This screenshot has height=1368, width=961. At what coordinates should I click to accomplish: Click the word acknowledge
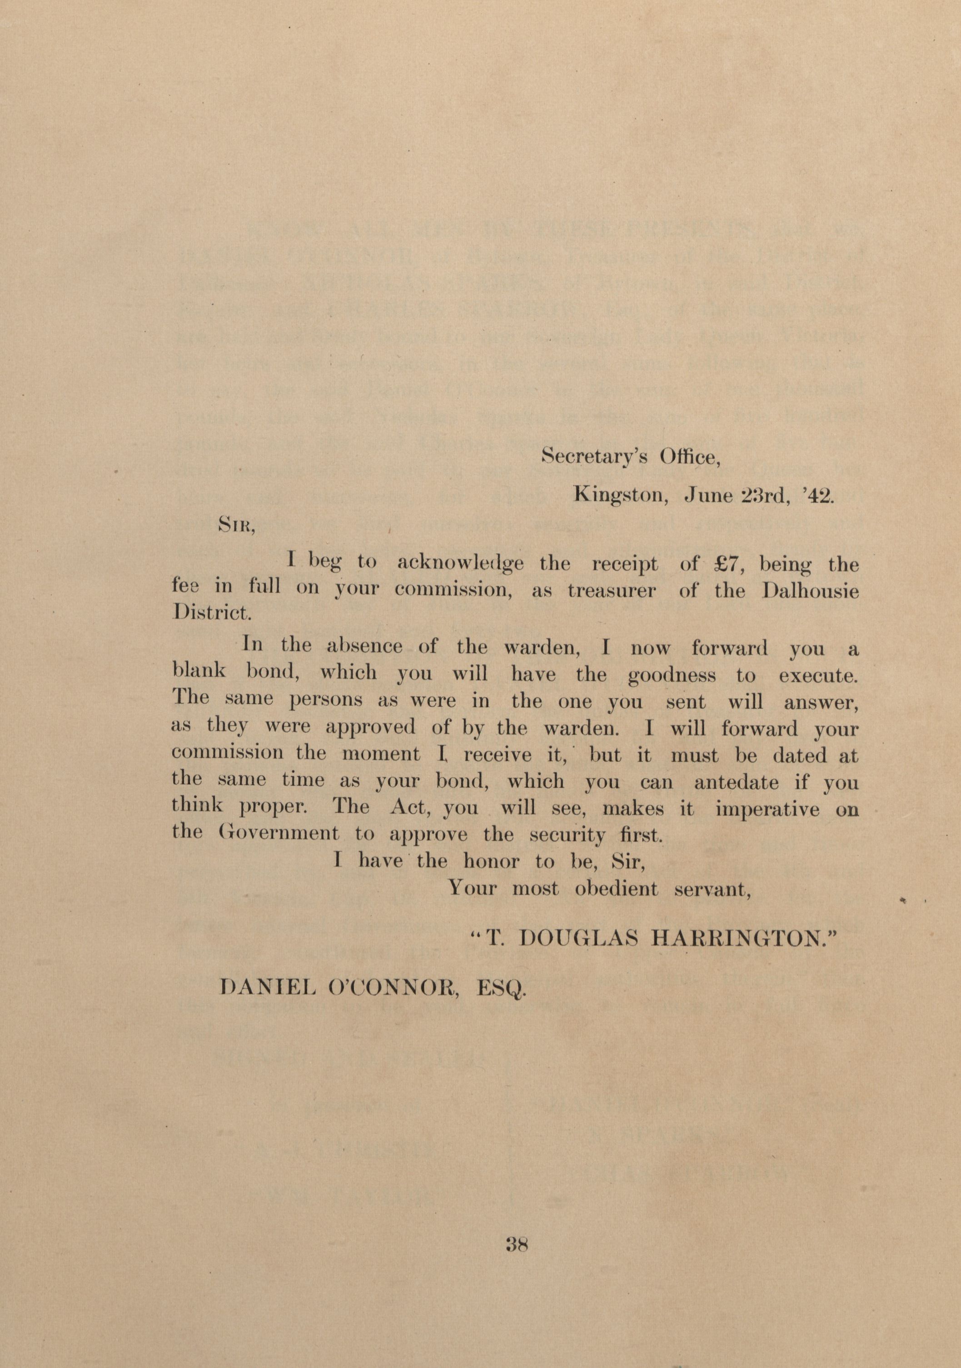[x=460, y=564]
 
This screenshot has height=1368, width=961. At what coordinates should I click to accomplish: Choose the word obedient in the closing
[x=616, y=889]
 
